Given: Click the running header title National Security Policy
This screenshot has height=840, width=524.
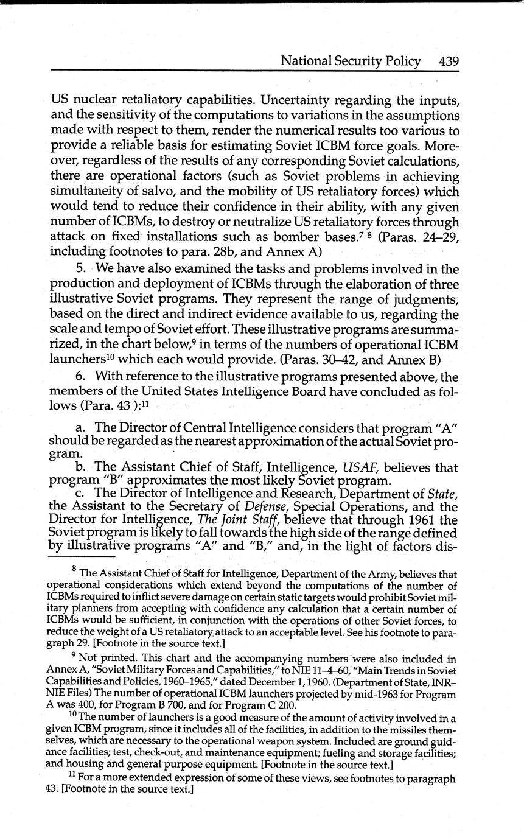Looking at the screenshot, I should coord(350,61).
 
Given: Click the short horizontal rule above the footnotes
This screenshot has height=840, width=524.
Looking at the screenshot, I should coord(81,556).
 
